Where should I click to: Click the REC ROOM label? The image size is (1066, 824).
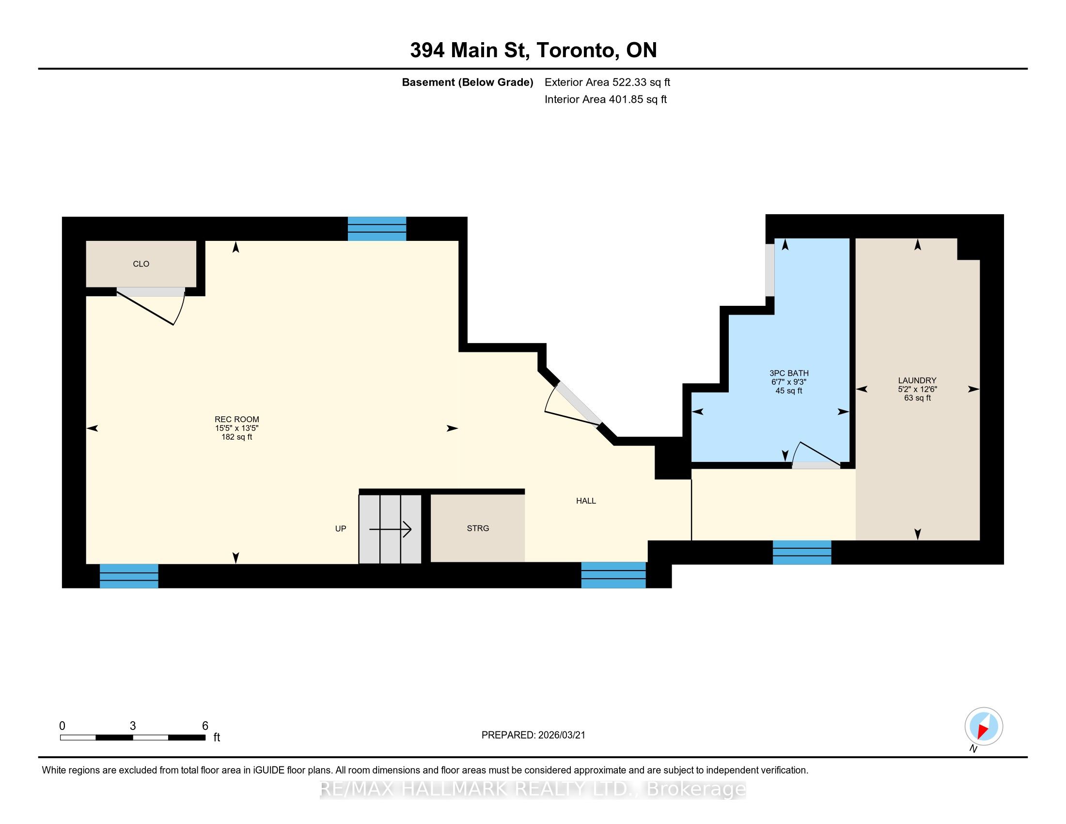[237, 419]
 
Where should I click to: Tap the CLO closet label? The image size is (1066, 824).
[141, 264]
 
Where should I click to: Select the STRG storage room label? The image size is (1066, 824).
[478, 528]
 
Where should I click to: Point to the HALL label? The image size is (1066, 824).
[586, 501]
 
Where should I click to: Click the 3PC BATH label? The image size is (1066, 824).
[789, 373]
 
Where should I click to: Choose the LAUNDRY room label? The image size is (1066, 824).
[917, 380]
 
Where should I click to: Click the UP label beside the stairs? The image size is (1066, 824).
[341, 529]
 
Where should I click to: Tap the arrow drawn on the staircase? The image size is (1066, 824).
[390, 529]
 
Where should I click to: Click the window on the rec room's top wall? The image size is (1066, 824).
[377, 228]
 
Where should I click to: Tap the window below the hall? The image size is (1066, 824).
[613, 575]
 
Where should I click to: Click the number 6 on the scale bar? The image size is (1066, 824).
[205, 726]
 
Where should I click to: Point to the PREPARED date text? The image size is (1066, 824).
[533, 735]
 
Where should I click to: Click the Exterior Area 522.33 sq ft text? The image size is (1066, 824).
[607, 82]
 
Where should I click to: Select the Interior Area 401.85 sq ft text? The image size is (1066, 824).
[606, 99]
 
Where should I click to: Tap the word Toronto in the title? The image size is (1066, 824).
[575, 50]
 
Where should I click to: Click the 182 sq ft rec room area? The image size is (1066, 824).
[237, 437]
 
